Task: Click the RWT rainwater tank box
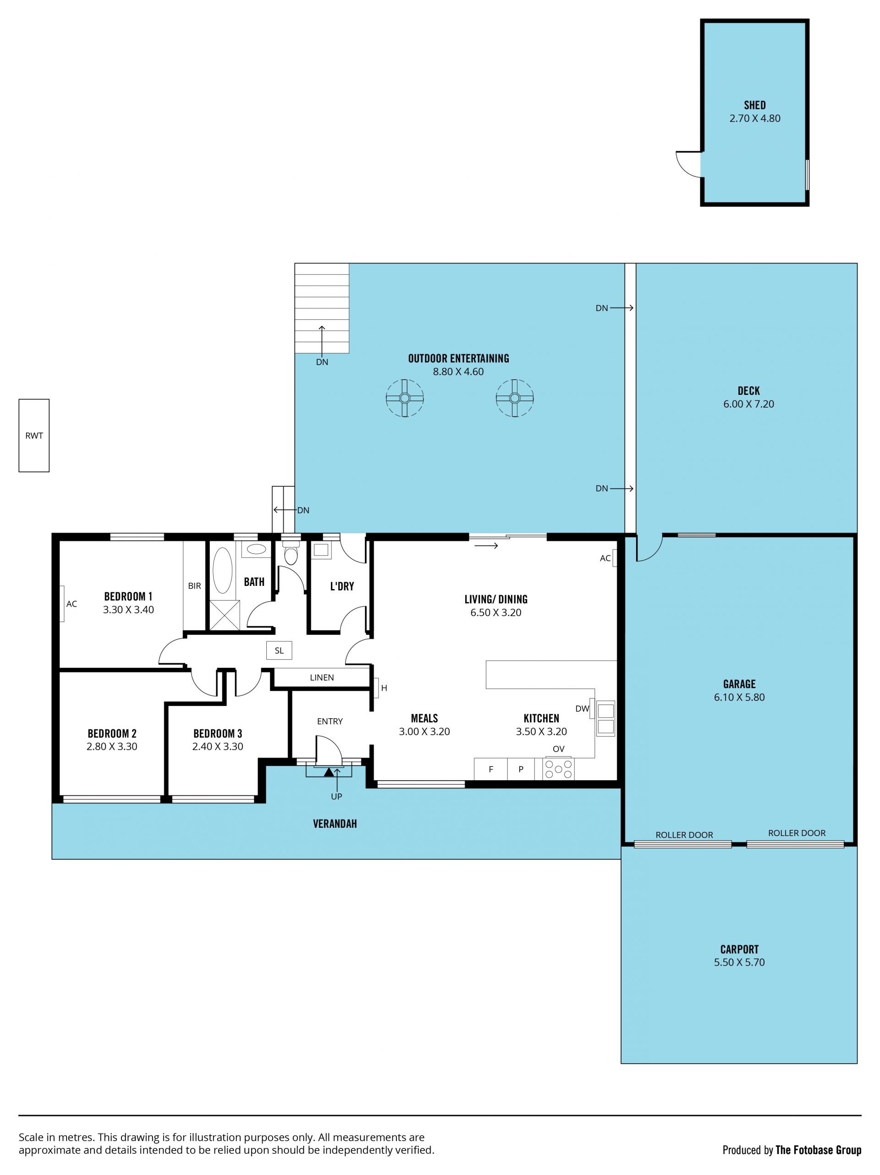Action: [x=34, y=436]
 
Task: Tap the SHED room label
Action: [x=754, y=105]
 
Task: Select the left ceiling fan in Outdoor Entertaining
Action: [x=404, y=398]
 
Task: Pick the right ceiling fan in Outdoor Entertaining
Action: [x=514, y=398]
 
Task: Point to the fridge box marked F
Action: [x=490, y=769]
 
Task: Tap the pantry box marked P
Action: [x=521, y=769]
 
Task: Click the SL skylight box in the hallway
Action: [x=279, y=650]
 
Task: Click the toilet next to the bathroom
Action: [x=291, y=552]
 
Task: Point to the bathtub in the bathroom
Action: [x=223, y=570]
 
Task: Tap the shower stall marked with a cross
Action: [x=225, y=615]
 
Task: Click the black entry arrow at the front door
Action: [x=329, y=772]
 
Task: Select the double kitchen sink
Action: [x=605, y=719]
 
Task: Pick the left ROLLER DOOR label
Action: [x=684, y=835]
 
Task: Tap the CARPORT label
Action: [x=739, y=949]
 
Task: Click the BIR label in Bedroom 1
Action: [x=194, y=586]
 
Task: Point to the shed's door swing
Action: [x=688, y=164]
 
